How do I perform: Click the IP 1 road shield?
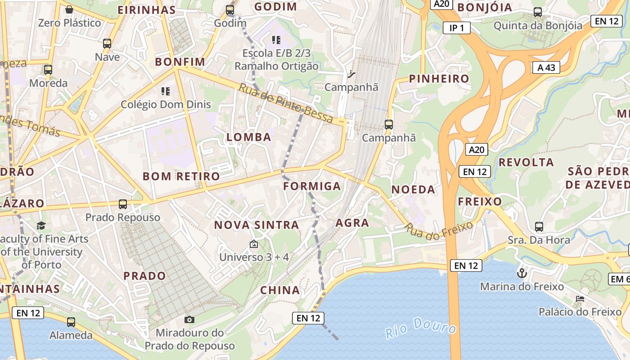pyautogui.click(x=457, y=28)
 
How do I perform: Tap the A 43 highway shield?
pyautogui.click(x=546, y=67)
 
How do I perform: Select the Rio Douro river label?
pyautogui.click(x=420, y=328)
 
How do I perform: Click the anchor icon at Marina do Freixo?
pyautogui.click(x=522, y=273)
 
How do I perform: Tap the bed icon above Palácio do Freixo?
pyautogui.click(x=580, y=298)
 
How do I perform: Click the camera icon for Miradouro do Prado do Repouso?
pyautogui.click(x=189, y=319)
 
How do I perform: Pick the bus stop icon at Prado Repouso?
pyautogui.click(x=122, y=204)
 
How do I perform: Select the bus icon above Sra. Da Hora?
pyautogui.click(x=539, y=226)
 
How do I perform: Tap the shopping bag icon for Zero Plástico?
pyautogui.click(x=69, y=9)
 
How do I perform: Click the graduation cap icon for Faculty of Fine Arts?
pyautogui.click(x=41, y=225)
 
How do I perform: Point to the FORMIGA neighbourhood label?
pyautogui.click(x=312, y=186)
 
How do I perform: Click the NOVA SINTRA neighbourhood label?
pyautogui.click(x=256, y=225)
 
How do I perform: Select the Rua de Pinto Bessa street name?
pyautogui.click(x=286, y=103)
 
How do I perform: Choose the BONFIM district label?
pyautogui.click(x=180, y=62)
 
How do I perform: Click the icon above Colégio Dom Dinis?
pyautogui.click(x=165, y=91)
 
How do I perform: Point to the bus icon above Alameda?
pyautogui.click(x=71, y=322)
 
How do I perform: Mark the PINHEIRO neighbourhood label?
pyautogui.click(x=439, y=79)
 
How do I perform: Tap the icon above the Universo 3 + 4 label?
pyautogui.click(x=254, y=244)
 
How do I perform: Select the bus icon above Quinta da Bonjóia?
pyautogui.click(x=537, y=12)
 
